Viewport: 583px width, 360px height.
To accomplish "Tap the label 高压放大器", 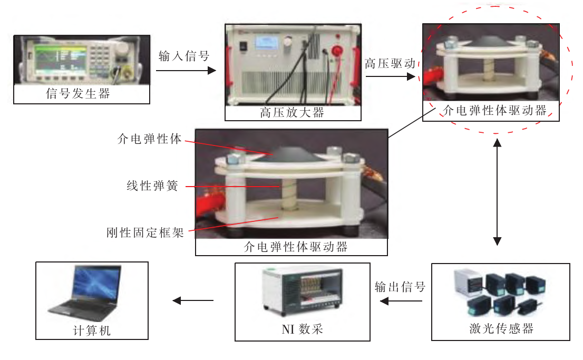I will pyautogui.click(x=292, y=113).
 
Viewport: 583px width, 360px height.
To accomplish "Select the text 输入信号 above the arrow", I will pyautogui.click(x=183, y=56).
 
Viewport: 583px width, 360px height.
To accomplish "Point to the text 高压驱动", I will pyautogui.click(x=390, y=64).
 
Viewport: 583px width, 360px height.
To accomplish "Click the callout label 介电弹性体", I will pyautogui.click(x=149, y=140).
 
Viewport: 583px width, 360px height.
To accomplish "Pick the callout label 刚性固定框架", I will pyautogui.click(x=144, y=232).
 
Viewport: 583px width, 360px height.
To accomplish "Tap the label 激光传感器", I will pyautogui.click(x=501, y=329).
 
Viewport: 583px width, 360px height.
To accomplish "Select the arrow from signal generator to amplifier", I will pyautogui.click(x=187, y=71).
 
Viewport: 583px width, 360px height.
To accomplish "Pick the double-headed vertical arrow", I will pyautogui.click(x=497, y=193).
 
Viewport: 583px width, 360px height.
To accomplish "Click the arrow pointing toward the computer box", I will pyautogui.click(x=193, y=301).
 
